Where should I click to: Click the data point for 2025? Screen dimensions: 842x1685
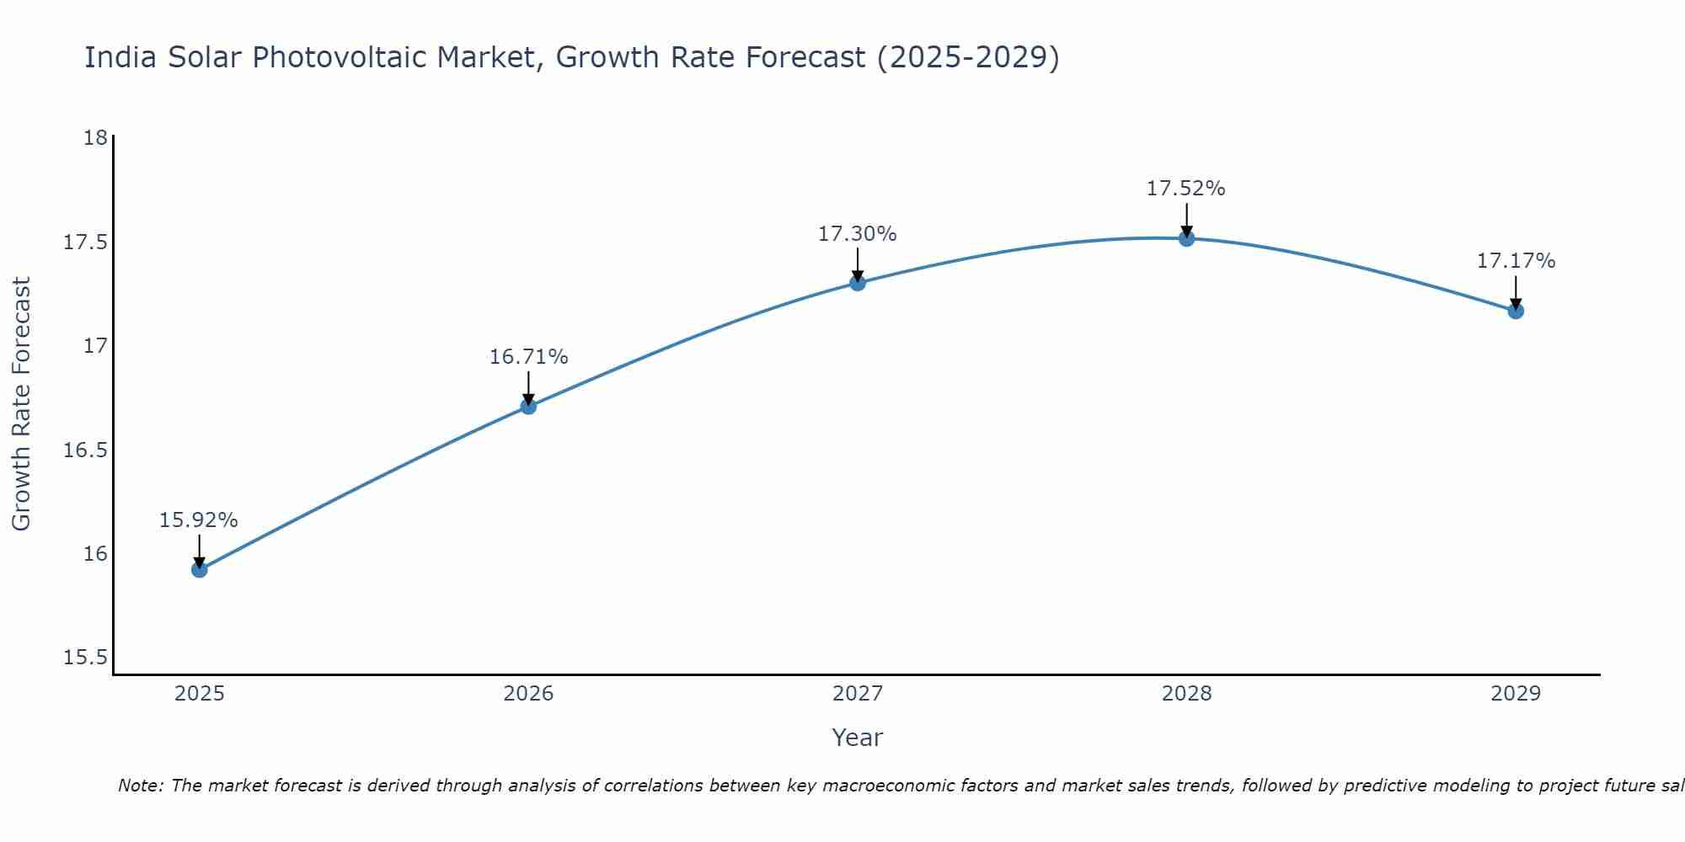point(200,570)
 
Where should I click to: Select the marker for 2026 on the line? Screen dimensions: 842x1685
point(528,407)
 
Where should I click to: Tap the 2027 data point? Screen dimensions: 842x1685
point(858,283)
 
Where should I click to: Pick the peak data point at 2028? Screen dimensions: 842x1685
point(1186,238)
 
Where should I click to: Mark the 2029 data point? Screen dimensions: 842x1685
point(1516,311)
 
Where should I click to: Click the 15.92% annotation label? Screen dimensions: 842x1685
point(199,520)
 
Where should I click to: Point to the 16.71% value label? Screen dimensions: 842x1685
point(528,357)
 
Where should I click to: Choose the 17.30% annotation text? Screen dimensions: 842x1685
point(858,234)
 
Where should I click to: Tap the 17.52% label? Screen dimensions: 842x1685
point(1186,189)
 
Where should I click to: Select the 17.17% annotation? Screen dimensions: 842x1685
point(1516,261)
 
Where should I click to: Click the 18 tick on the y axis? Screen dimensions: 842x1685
point(95,138)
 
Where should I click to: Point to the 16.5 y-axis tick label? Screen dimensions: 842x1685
point(86,450)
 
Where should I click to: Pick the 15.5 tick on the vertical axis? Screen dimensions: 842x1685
point(86,658)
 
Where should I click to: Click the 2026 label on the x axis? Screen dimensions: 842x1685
point(528,694)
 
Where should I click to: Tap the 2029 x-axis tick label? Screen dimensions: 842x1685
point(1516,694)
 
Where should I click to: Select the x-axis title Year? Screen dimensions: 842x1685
point(858,738)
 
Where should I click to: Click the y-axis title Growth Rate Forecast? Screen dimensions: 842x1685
point(22,404)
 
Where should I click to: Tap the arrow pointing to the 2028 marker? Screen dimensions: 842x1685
point(1186,220)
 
